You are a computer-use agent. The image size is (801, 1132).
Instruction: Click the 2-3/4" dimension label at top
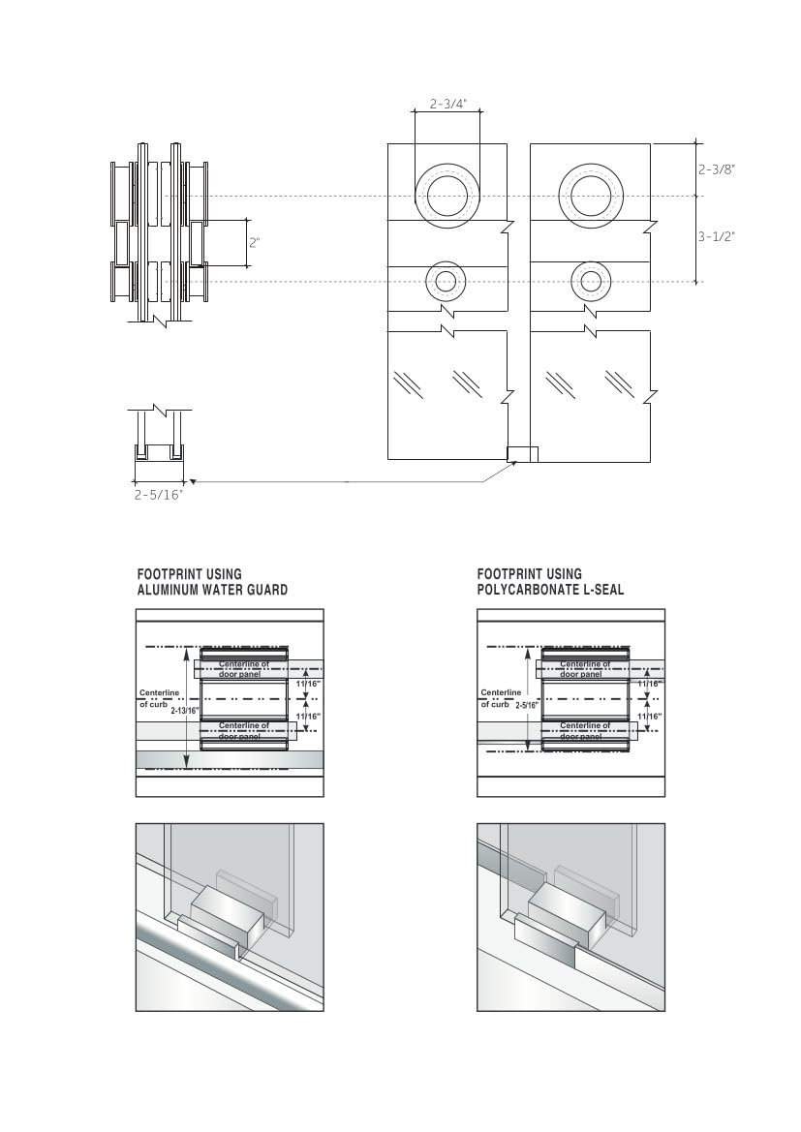point(447,103)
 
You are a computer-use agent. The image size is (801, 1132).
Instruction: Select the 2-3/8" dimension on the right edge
point(718,168)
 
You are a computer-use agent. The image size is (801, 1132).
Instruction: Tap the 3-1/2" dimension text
point(718,236)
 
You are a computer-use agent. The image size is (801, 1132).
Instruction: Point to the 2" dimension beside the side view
point(255,242)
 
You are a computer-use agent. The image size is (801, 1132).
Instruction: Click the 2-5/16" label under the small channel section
point(159,494)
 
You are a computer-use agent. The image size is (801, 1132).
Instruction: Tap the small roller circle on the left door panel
point(446,282)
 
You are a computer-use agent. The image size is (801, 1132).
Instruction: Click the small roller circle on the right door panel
point(590,282)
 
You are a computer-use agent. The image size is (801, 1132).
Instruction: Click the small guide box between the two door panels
point(521,453)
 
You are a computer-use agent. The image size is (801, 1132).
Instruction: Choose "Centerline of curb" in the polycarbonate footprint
point(500,698)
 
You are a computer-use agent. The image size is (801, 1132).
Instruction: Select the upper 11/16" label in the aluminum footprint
point(307,684)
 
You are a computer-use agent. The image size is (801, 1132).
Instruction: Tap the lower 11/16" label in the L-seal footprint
point(648,717)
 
